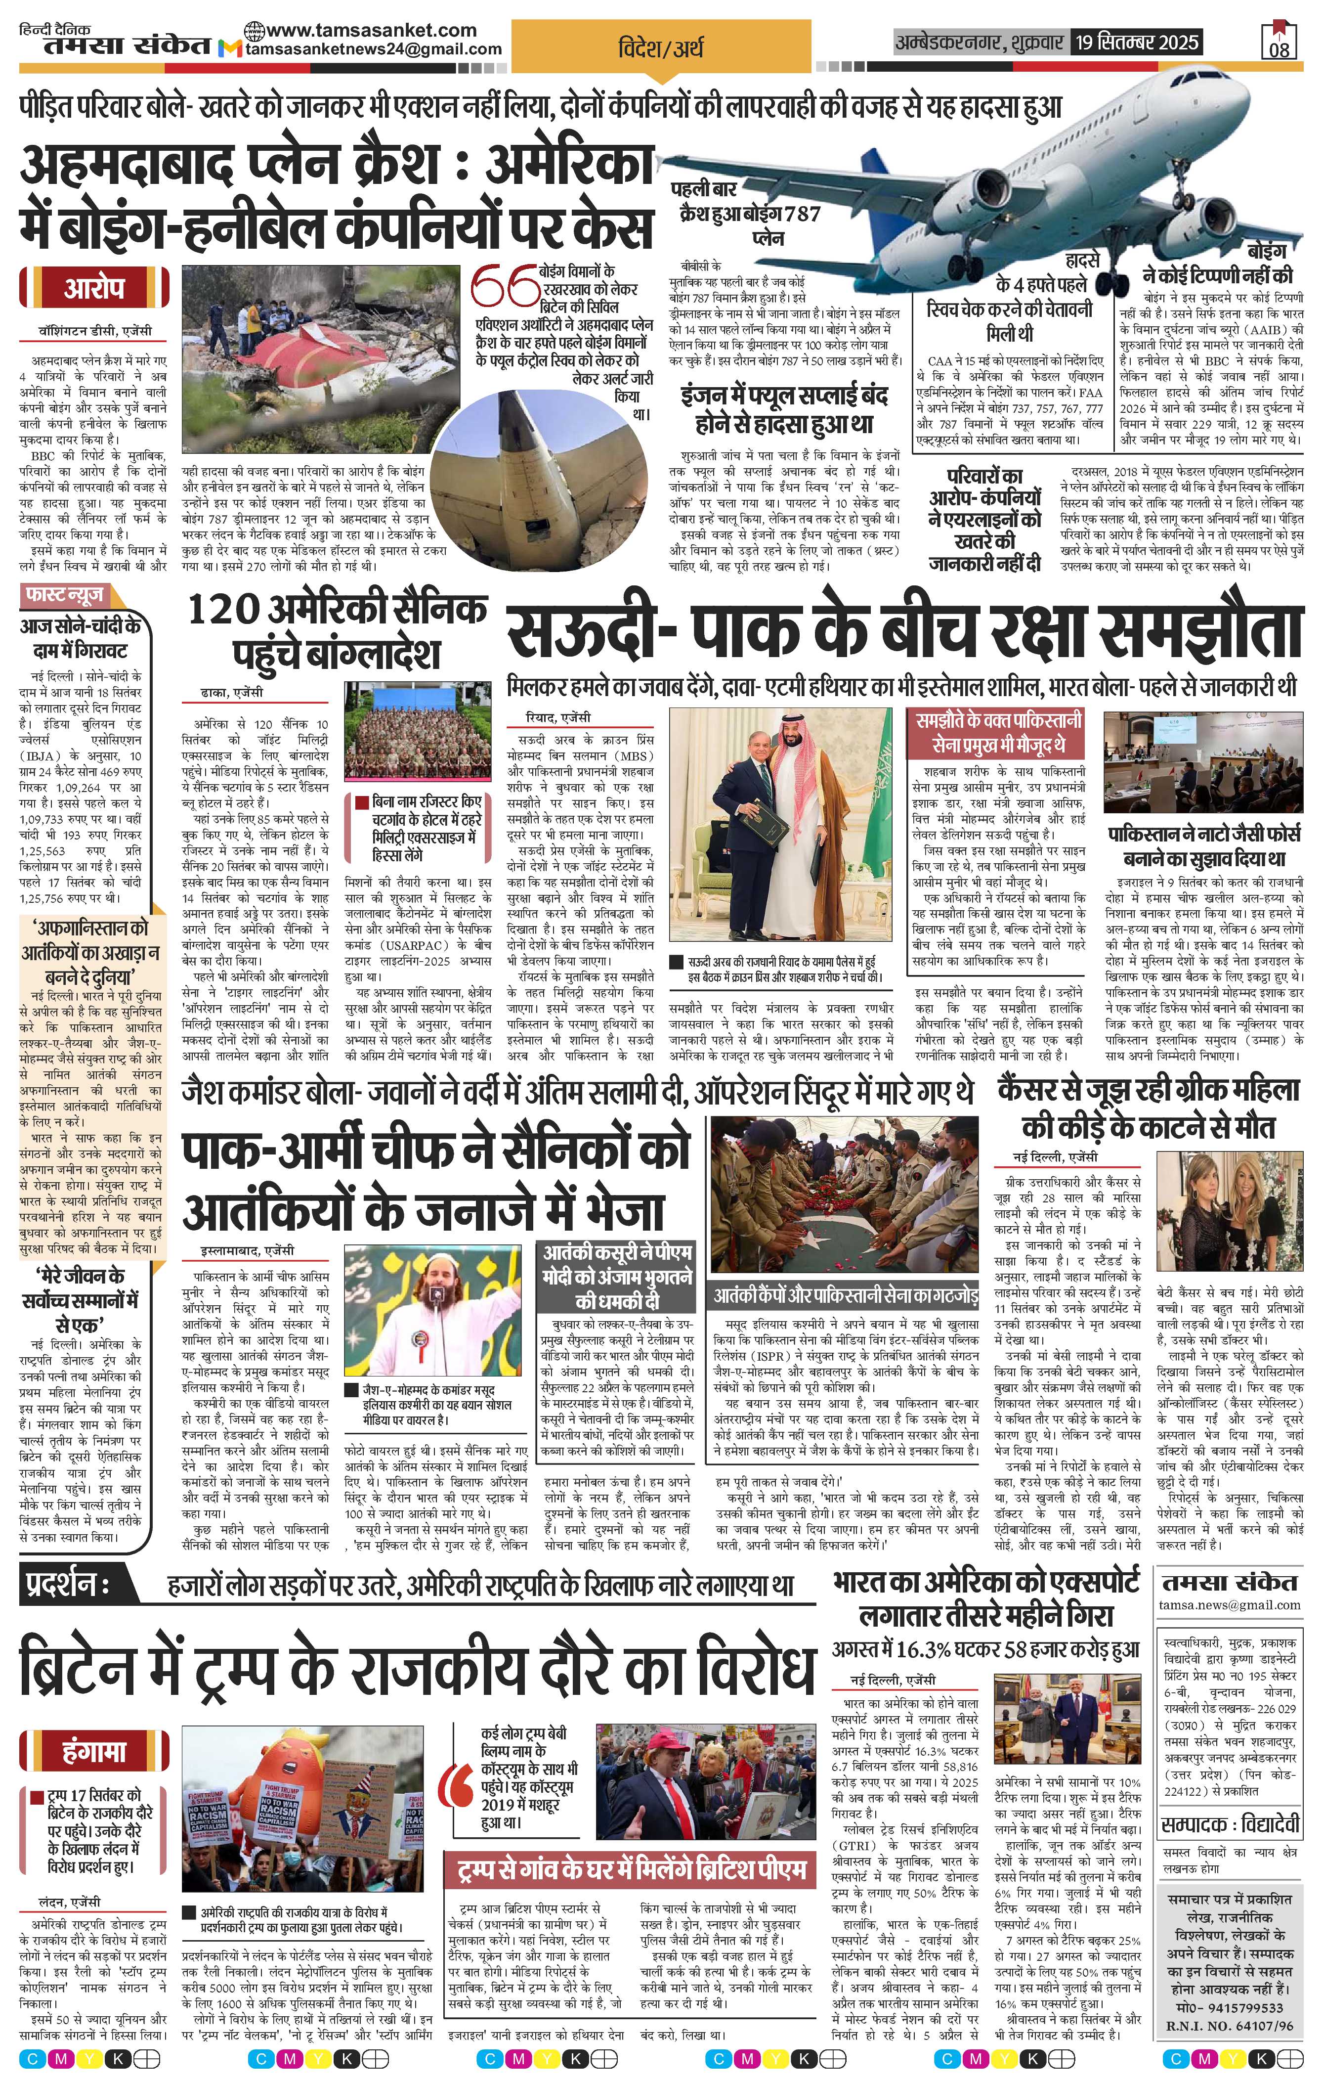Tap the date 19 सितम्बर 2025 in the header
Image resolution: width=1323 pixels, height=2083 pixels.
tap(1135, 42)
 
